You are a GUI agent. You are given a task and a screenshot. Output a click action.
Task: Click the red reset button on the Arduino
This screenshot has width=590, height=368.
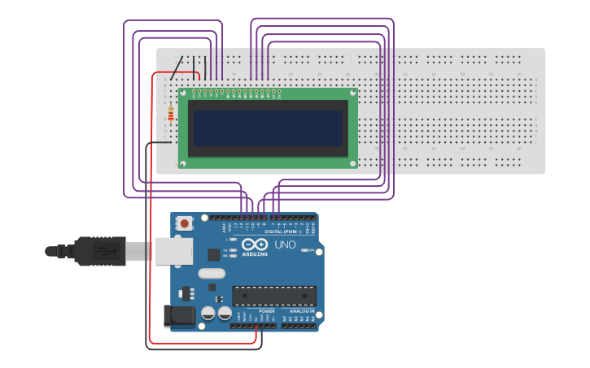click(185, 223)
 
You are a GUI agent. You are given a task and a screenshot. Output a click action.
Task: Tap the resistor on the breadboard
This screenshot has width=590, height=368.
click(170, 115)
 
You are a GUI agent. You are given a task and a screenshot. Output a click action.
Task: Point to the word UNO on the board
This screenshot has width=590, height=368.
click(285, 245)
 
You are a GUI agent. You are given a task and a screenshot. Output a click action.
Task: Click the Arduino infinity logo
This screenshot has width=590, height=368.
click(254, 245)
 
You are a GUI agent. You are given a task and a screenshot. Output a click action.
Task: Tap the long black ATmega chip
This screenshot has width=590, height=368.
click(273, 296)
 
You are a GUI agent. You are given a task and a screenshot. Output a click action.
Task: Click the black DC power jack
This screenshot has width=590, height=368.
click(179, 315)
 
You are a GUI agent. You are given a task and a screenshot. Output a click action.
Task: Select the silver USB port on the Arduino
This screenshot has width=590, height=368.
click(171, 252)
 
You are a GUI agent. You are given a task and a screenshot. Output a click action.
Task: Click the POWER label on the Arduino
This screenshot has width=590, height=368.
click(266, 311)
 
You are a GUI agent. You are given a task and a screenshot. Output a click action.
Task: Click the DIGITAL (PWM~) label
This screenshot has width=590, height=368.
click(282, 232)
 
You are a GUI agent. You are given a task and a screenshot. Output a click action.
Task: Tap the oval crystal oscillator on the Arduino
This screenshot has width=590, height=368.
click(211, 273)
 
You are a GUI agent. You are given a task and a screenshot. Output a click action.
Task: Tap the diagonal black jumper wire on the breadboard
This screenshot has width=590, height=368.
click(175, 63)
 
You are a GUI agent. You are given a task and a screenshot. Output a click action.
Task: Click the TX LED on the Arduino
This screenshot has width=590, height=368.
click(234, 249)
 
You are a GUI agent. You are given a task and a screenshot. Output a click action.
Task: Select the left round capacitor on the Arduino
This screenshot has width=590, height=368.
click(208, 313)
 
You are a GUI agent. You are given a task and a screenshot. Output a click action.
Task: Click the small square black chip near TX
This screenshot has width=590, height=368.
click(214, 254)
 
